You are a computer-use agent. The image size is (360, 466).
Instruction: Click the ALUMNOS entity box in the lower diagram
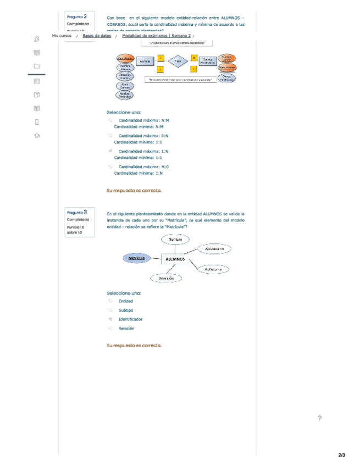point(175,259)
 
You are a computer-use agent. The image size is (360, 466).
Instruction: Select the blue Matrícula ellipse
point(136,258)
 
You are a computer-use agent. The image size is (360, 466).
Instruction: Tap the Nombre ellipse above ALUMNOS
point(175,239)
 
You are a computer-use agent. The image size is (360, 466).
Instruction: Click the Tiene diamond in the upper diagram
point(178,62)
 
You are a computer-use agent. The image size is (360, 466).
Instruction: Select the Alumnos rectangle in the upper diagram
point(145,61)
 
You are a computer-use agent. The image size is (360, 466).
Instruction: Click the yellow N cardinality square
point(194,57)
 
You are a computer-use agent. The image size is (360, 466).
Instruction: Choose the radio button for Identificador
point(110,319)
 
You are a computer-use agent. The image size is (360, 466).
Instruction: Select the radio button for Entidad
point(110,301)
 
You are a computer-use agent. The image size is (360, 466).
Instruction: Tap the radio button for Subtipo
point(110,310)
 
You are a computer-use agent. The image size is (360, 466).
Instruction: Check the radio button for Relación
point(110,328)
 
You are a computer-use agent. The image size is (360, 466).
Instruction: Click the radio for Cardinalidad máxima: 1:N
point(110,151)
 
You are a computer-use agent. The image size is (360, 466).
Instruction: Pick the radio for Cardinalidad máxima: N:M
point(110,120)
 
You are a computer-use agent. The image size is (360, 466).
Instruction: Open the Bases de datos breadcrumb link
point(97,36)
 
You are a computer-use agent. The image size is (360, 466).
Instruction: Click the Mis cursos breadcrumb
point(62,36)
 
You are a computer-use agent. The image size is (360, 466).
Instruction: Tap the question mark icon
point(319,419)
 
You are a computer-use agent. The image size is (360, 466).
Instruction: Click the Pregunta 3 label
point(76,212)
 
